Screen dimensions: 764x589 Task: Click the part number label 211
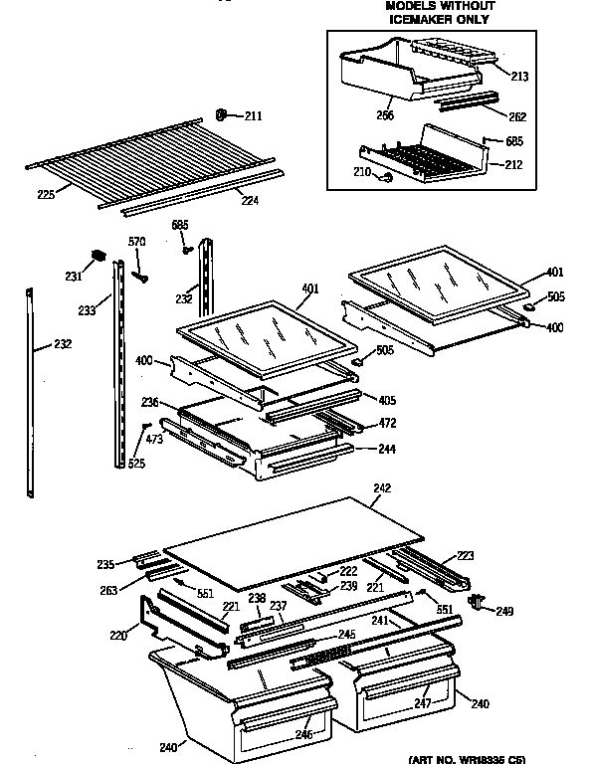(x=254, y=116)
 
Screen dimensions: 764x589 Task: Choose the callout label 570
(x=137, y=241)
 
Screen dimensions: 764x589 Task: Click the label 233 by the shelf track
(x=88, y=310)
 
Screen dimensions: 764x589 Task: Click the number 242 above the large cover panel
(x=382, y=488)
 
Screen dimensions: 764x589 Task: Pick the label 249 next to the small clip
(x=504, y=610)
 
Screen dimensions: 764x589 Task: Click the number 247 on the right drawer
(x=422, y=702)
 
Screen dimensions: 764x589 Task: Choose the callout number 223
(x=467, y=555)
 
